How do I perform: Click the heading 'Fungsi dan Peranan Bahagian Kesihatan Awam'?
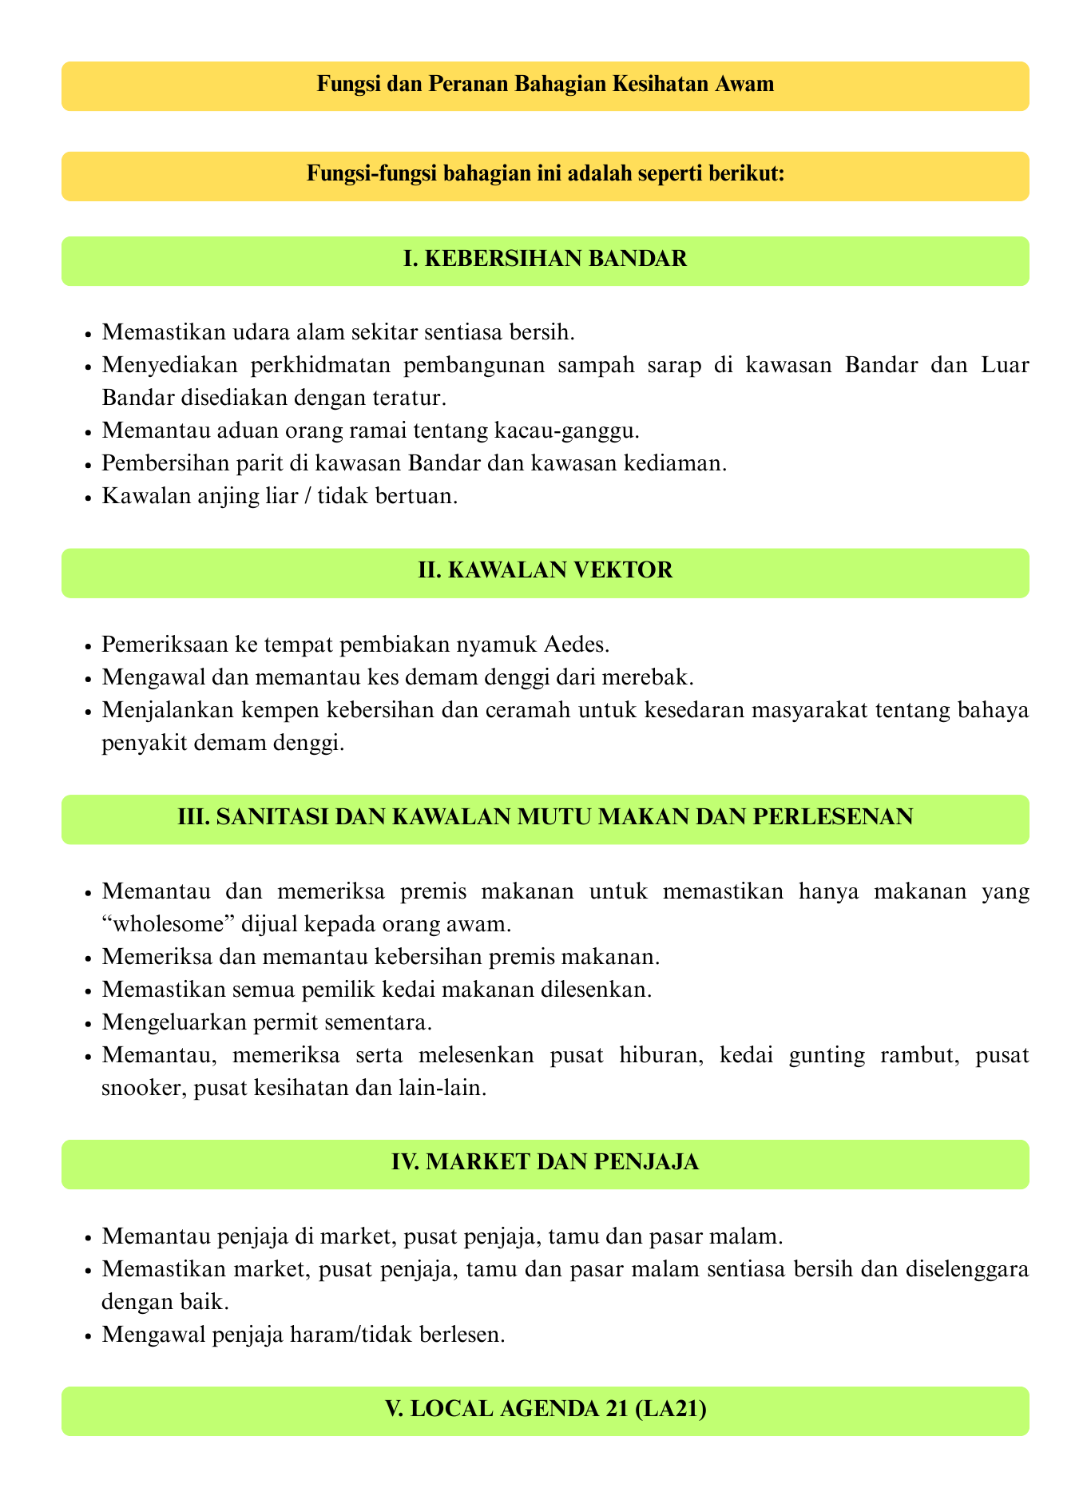[x=545, y=85]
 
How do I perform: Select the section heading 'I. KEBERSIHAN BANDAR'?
[x=545, y=260]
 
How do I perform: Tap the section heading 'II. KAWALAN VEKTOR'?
[x=545, y=572]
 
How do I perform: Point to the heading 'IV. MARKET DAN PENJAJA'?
[x=545, y=1164]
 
